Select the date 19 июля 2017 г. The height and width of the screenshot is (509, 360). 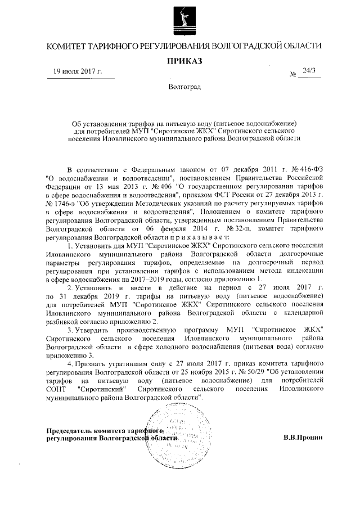tap(77, 71)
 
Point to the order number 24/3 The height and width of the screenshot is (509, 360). tap(309, 70)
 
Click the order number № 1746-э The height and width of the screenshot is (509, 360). tap(61, 200)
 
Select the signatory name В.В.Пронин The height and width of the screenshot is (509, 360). tap(303, 437)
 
